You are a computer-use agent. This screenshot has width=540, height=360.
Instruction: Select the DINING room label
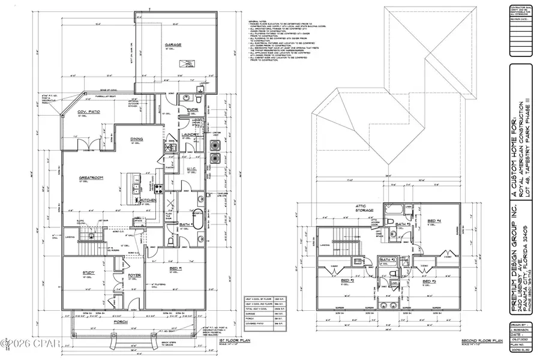137,139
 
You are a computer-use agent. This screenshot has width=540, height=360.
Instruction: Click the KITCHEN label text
148,199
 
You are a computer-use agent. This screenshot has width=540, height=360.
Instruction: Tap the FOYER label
134,276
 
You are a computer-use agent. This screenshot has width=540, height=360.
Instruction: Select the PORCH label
139,322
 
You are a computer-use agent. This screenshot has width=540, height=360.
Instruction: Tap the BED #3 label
429,280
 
